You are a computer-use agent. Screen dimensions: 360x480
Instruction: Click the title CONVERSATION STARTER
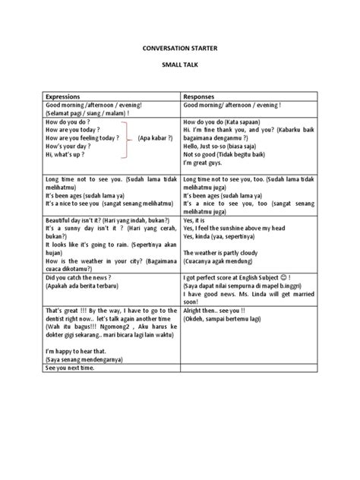click(179, 46)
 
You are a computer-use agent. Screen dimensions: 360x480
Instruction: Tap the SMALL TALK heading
click(179, 68)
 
